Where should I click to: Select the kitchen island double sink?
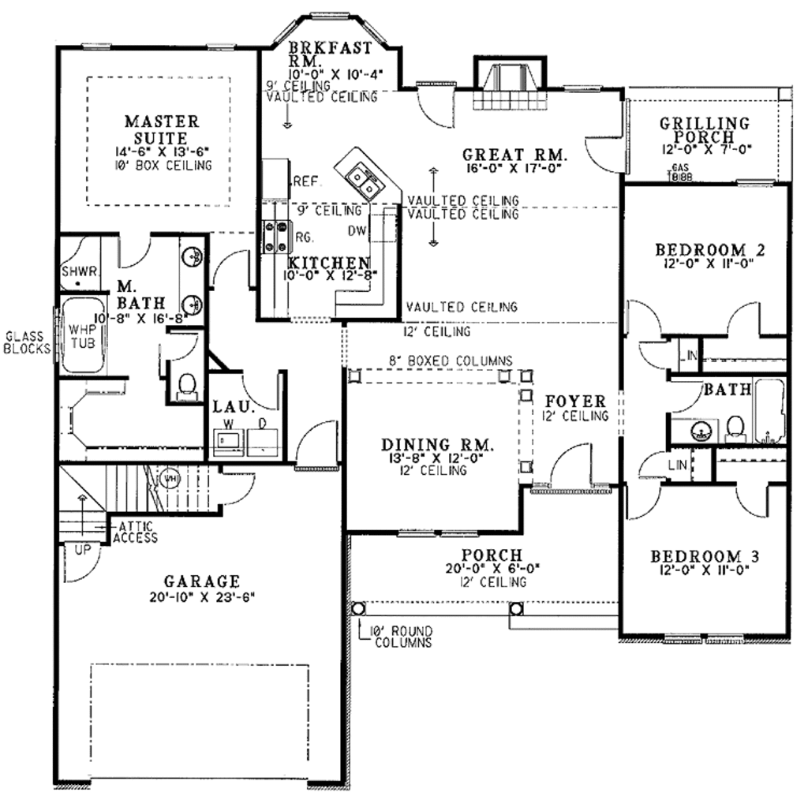[364, 180]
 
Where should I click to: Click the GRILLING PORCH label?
[705, 129]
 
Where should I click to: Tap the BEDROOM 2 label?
[709, 250]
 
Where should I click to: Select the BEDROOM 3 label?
[705, 557]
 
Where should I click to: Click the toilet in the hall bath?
[735, 427]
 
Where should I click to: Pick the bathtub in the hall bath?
[769, 411]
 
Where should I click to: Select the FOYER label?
[574, 402]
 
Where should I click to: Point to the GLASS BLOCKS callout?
[26, 341]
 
